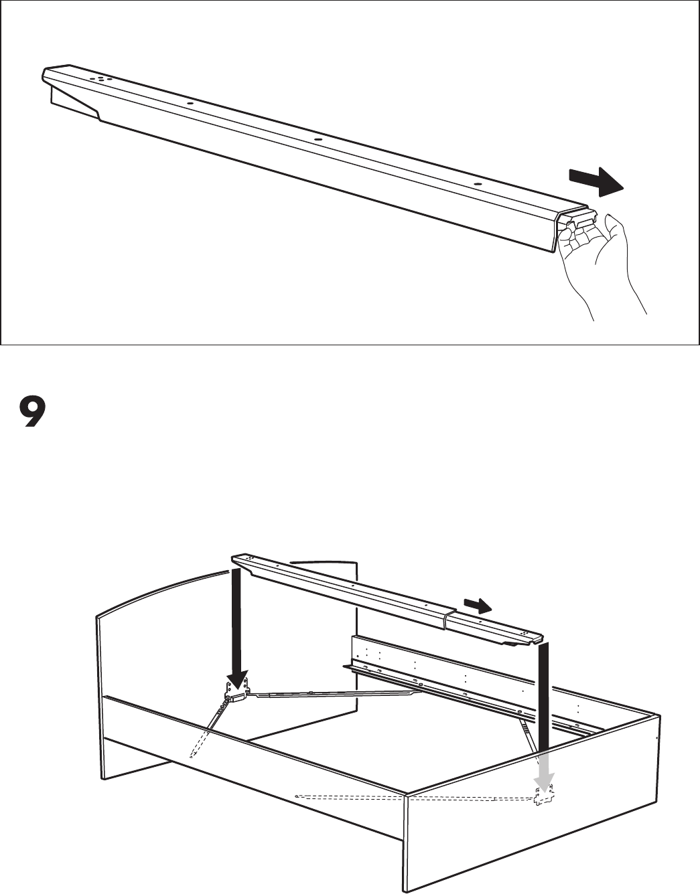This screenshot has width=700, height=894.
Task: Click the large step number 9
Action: [32, 414]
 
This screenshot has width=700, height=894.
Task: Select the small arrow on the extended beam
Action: [479, 606]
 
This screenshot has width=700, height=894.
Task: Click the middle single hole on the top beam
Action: [318, 140]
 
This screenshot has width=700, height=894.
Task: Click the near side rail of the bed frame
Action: [255, 756]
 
